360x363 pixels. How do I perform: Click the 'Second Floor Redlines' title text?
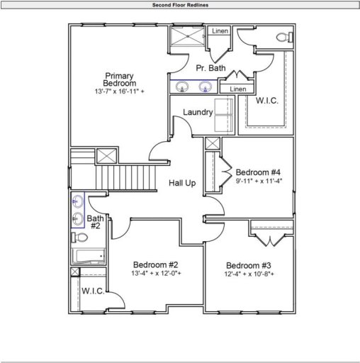180,4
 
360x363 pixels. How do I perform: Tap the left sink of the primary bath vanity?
183,87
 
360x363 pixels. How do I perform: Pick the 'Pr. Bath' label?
211,69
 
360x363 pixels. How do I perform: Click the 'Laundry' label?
198,113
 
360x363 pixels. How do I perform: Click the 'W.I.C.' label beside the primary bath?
266,101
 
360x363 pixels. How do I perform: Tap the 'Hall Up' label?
182,184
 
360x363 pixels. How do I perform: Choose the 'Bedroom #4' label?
259,172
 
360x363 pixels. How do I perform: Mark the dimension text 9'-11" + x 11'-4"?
259,181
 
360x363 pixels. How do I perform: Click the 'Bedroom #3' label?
249,265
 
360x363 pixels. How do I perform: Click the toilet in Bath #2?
79,238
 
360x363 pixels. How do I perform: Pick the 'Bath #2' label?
94,222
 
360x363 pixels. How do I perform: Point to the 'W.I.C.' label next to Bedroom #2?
93,291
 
